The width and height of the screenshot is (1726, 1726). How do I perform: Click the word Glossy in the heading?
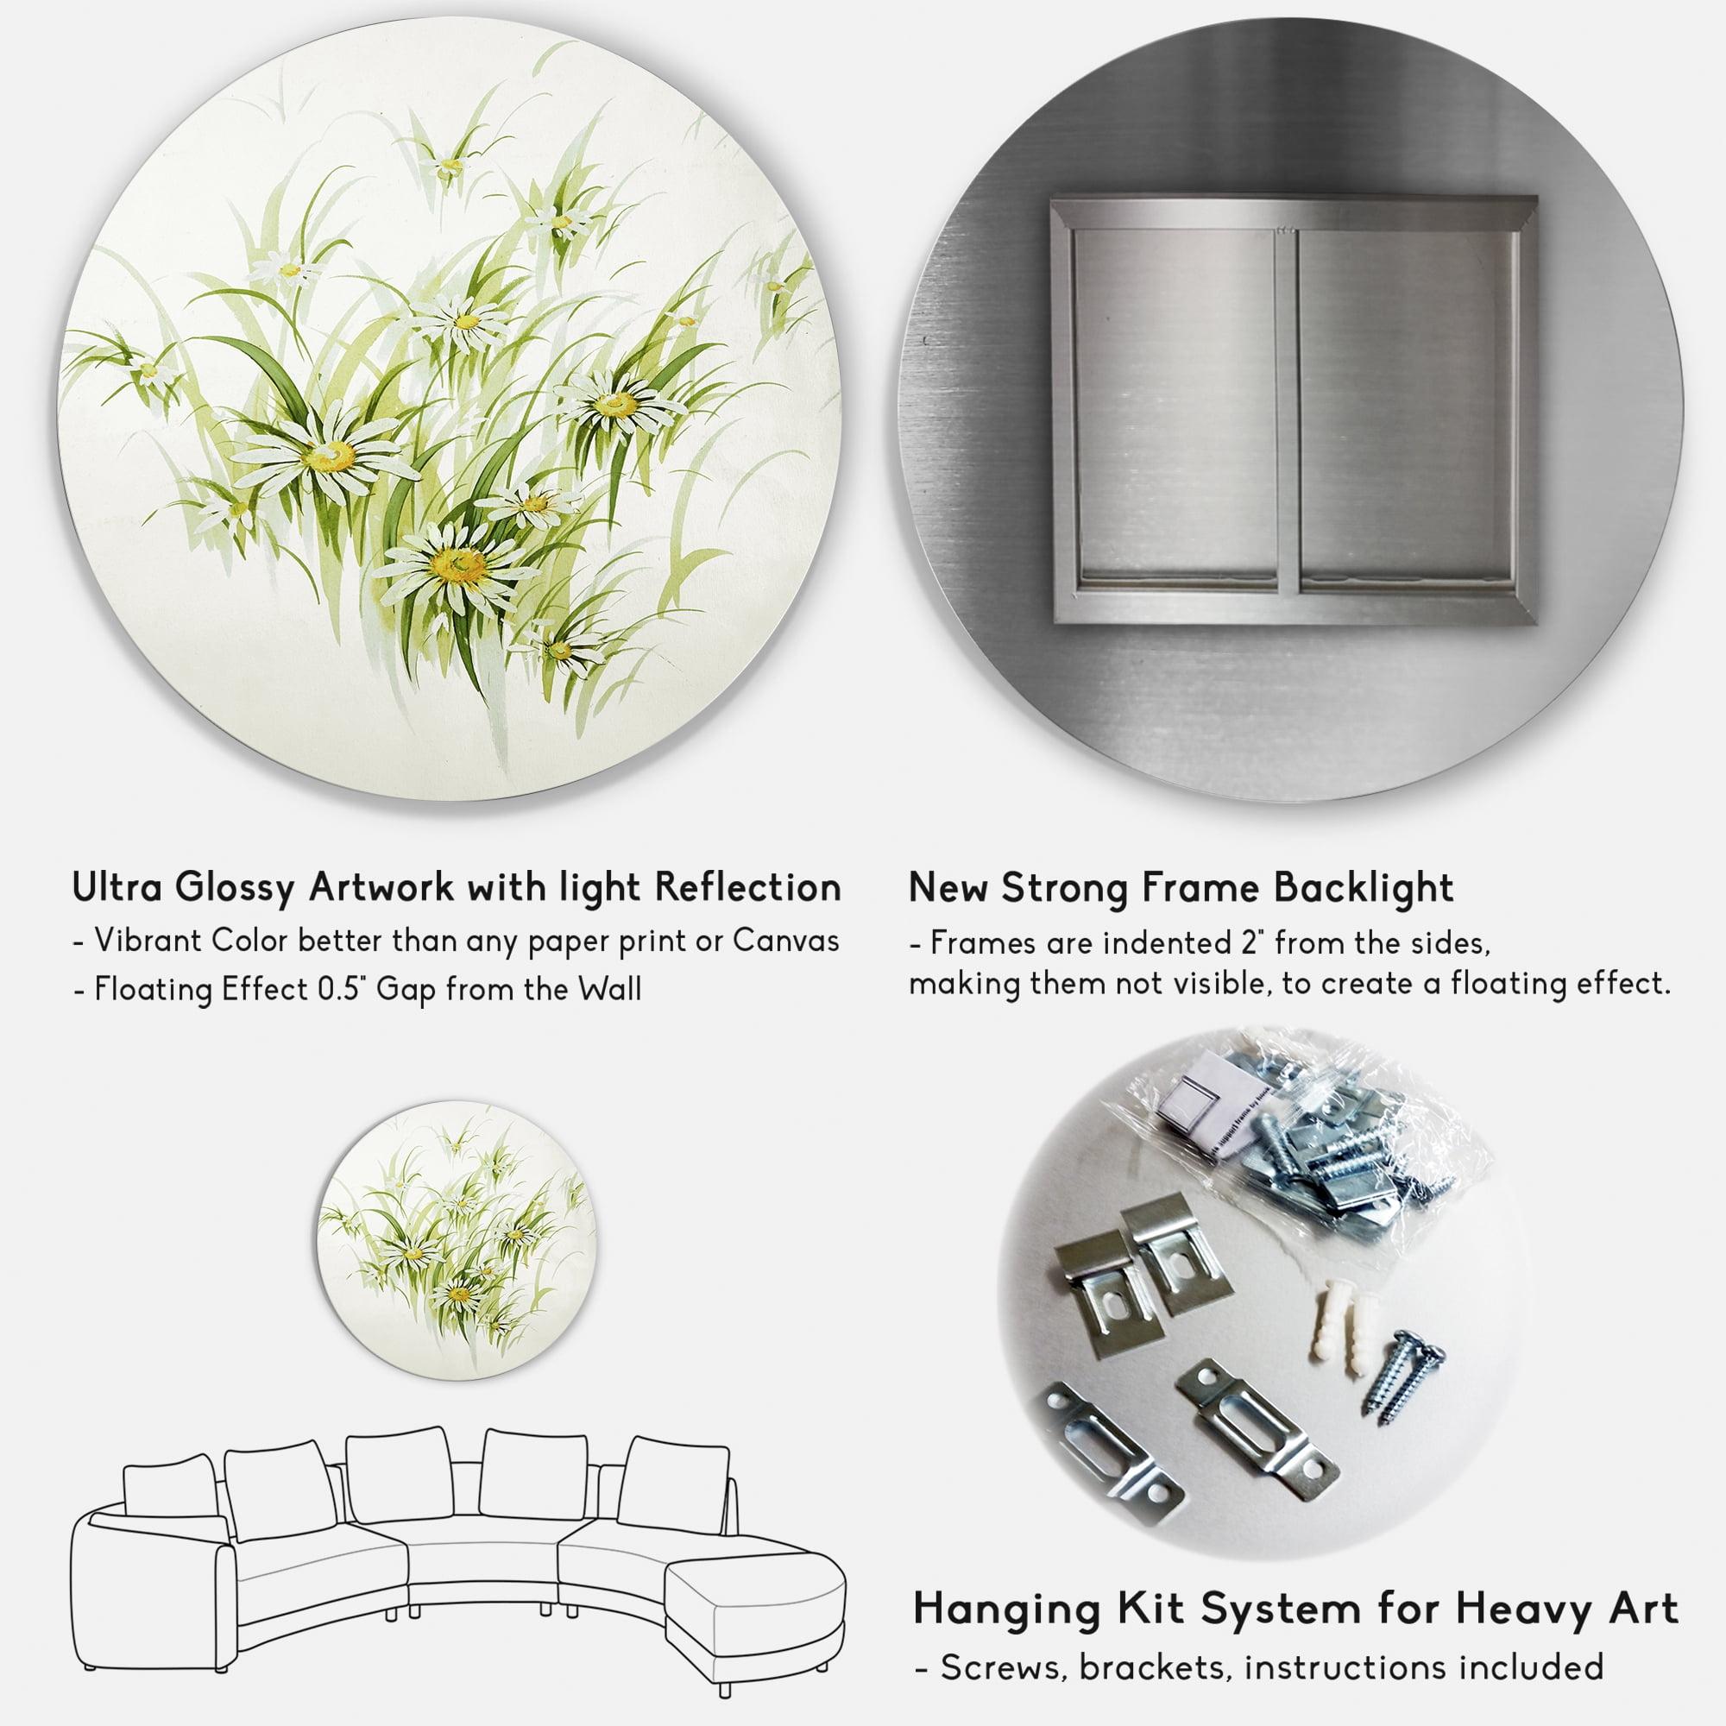pos(234,889)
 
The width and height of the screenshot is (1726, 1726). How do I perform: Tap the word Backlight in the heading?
pos(1364,889)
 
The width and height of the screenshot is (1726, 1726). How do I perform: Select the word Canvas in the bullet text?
pos(786,941)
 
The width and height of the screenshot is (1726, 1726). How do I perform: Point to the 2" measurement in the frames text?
pos(1261,942)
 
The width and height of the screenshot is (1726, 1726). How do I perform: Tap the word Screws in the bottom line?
pos(1005,1668)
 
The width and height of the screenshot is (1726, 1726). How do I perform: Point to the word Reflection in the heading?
pos(747,887)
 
